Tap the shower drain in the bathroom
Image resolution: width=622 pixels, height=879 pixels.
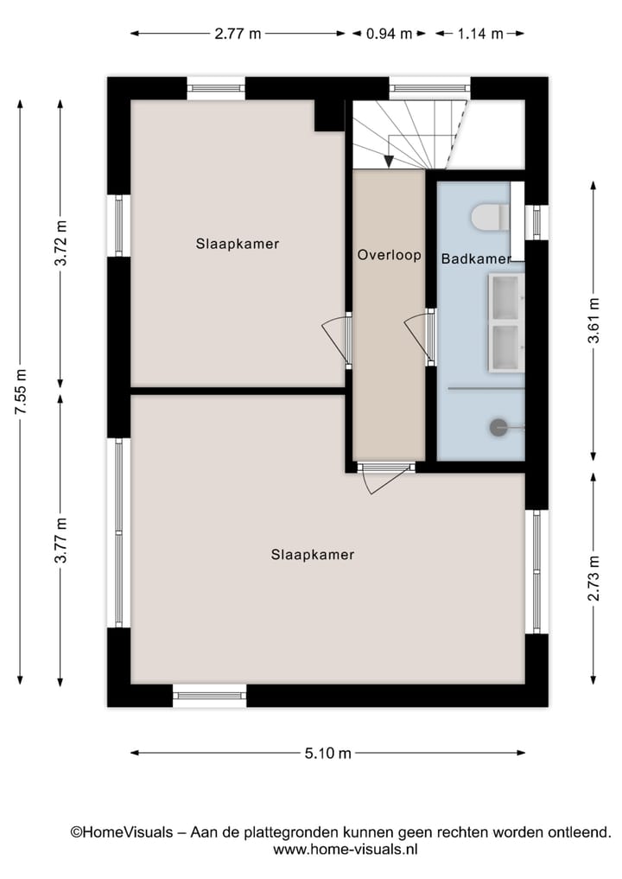[498, 426]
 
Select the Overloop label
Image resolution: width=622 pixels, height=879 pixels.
[390, 255]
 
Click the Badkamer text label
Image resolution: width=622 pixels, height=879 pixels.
[475, 258]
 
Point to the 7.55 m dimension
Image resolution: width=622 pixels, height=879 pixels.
[21, 392]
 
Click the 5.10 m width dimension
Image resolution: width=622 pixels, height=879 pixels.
[328, 753]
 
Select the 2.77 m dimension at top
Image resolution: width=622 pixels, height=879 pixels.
[238, 35]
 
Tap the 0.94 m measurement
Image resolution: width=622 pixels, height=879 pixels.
[389, 35]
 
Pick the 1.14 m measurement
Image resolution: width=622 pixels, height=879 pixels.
[479, 35]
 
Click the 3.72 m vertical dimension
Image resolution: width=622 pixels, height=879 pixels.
[60, 245]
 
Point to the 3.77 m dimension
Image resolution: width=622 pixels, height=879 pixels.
[60, 540]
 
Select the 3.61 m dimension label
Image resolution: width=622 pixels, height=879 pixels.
[593, 321]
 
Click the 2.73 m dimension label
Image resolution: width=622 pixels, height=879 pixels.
[593, 576]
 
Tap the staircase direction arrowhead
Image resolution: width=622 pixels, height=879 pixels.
[389, 161]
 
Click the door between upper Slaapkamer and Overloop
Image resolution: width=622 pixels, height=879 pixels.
[337, 337]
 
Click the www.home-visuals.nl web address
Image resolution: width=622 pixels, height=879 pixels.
[346, 850]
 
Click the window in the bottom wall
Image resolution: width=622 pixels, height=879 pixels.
[209, 695]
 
